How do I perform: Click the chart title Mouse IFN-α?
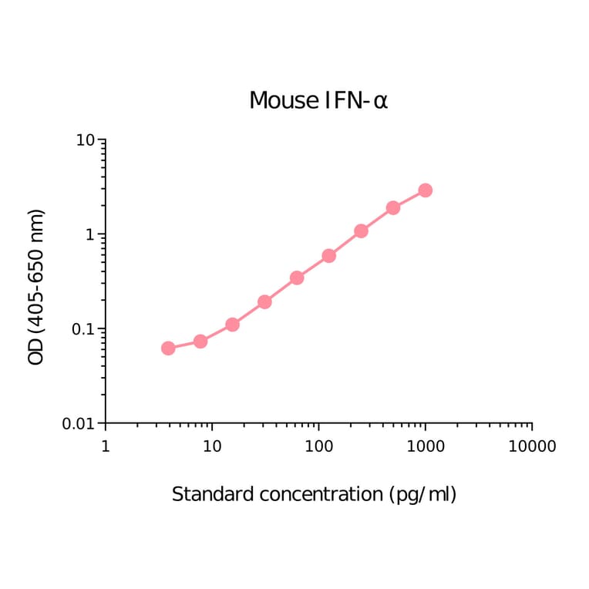pos(318,101)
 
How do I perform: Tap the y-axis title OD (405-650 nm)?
pos(36,287)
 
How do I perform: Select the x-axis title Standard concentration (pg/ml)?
pos(314,494)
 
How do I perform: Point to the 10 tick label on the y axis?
pos(86,140)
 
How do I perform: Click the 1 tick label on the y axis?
pos(90,234)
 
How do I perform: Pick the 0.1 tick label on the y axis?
pos(82,329)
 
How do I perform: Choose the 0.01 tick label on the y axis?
pos(79,423)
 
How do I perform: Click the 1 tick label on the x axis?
pos(106,446)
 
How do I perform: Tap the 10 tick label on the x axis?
pos(212,446)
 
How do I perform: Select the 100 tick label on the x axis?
pos(318,446)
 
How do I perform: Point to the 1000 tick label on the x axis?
pos(425,446)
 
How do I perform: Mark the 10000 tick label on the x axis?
pos(531,446)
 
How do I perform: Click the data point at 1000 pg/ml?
pos(425,190)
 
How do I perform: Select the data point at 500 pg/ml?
pos(393,207)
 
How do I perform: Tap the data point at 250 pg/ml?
pos(361,231)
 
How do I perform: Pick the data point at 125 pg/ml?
pos(328,255)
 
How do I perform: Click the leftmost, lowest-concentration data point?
pos(168,348)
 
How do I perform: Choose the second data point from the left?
pos(200,341)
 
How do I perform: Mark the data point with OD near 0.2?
pos(264,301)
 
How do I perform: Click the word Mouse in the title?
pos(282,101)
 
